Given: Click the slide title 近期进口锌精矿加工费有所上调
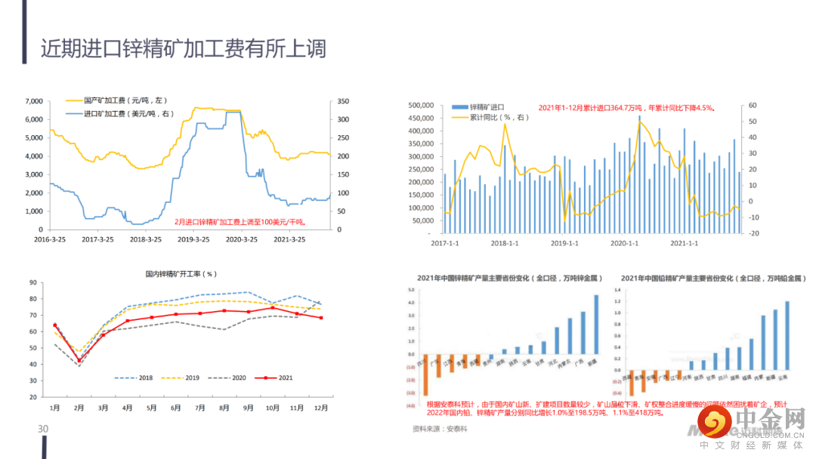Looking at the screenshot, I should click(x=184, y=50).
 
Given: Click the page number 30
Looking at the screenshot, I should click(x=43, y=429).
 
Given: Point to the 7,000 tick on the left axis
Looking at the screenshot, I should click(x=32, y=101).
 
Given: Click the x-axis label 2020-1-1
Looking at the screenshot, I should click(x=625, y=243).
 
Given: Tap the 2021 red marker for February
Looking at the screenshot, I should click(x=79, y=361).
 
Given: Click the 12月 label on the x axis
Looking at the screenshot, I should click(x=321, y=408).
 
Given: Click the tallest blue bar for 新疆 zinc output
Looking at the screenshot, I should click(x=596, y=325).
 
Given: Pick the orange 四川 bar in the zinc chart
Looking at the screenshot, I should click(x=426, y=374).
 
